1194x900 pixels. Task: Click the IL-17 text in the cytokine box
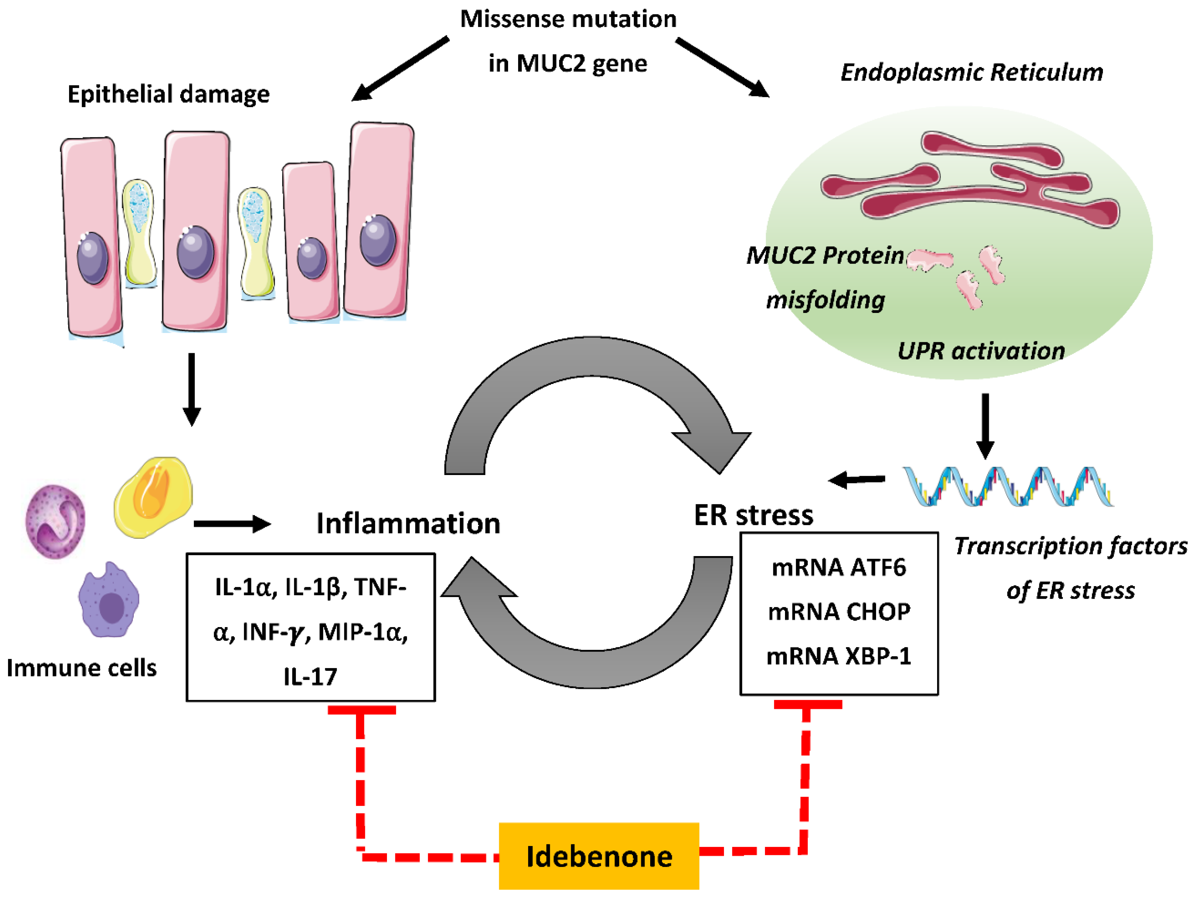pyautogui.click(x=310, y=677)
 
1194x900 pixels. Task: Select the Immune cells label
pyautogui.click(x=81, y=668)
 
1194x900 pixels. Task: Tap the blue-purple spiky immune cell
pyautogui.click(x=109, y=601)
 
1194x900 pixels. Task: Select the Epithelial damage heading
pyautogui.click(x=168, y=94)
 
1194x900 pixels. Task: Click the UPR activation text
pyautogui.click(x=981, y=351)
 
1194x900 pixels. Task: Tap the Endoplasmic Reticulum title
pyautogui.click(x=971, y=72)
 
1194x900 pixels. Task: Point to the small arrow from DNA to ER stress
pyautogui.click(x=857, y=479)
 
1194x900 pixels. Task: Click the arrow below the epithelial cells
pyautogui.click(x=191, y=389)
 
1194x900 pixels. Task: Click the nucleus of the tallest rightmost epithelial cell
pyautogui.click(x=378, y=240)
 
